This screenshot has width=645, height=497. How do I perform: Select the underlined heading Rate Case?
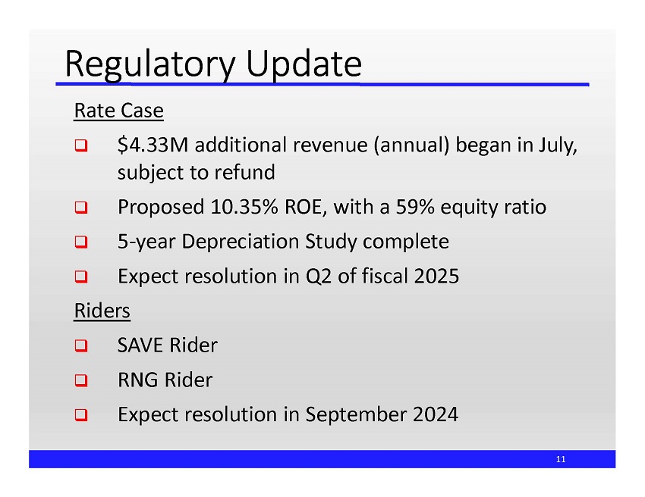118,111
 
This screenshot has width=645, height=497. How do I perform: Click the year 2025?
437,276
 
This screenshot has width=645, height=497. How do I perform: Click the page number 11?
561,459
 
